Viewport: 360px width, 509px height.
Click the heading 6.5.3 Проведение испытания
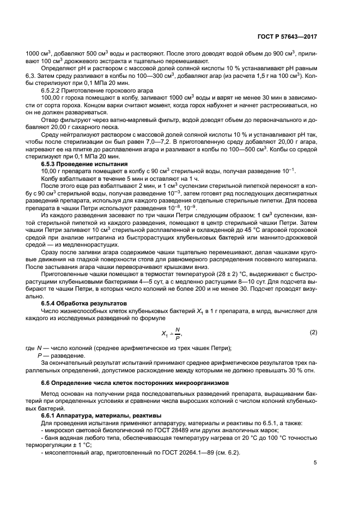pos(84,163)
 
